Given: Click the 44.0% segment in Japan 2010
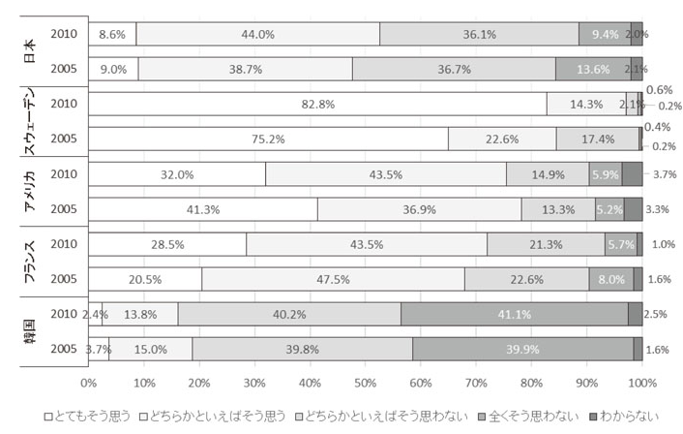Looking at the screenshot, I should (x=257, y=34).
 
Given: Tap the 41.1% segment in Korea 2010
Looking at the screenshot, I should (x=514, y=314).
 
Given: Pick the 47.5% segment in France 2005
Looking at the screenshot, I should (x=333, y=279).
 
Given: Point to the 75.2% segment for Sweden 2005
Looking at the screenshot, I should (x=269, y=139).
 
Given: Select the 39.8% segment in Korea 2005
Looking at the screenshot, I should (x=302, y=349).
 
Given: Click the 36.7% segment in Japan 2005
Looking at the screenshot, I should (x=454, y=69).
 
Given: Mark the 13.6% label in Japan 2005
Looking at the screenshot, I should (x=593, y=69).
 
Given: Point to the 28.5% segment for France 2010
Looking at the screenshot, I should (x=167, y=244).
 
